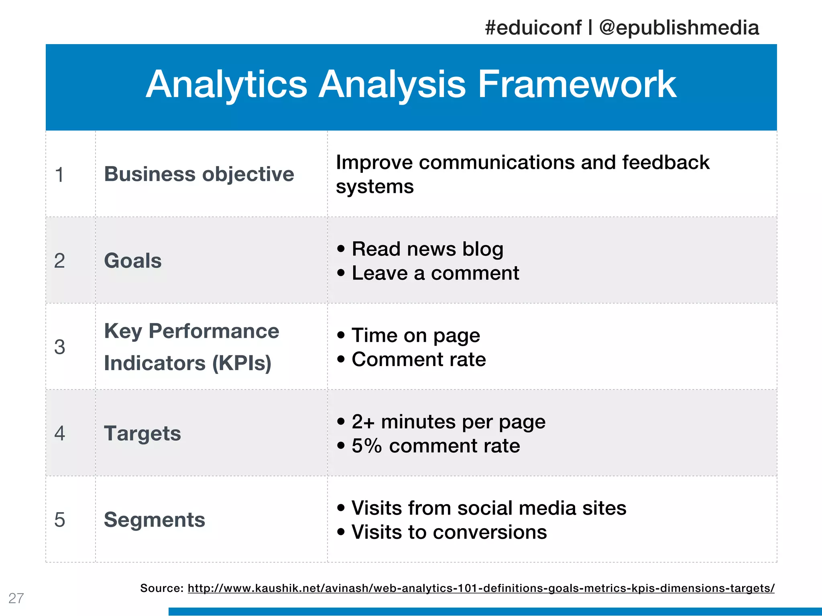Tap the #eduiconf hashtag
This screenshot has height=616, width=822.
pyautogui.click(x=533, y=28)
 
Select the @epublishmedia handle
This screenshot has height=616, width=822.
pyautogui.click(x=679, y=28)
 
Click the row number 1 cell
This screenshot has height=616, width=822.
pyautogui.click(x=59, y=174)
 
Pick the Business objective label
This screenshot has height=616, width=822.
pyautogui.click(x=199, y=174)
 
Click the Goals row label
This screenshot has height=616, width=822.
pyautogui.click(x=133, y=261)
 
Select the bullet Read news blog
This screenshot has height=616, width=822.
pyautogui.click(x=427, y=249)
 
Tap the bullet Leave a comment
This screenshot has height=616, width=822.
pyautogui.click(x=435, y=273)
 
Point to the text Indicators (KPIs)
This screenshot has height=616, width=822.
pyautogui.click(x=188, y=363)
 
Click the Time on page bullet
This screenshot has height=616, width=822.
pyautogui.click(x=415, y=335)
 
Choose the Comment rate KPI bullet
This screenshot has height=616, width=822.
pyautogui.click(x=419, y=359)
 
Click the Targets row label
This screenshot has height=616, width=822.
pyautogui.click(x=142, y=434)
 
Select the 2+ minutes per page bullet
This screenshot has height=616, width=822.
pyautogui.click(x=448, y=422)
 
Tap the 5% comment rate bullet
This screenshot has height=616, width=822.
pyautogui.click(x=435, y=446)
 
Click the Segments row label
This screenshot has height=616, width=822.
pyautogui.click(x=155, y=520)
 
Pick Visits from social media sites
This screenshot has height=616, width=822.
pyautogui.click(x=488, y=508)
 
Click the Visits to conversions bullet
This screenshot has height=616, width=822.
pyautogui.click(x=449, y=532)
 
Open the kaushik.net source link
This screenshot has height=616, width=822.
pyautogui.click(x=481, y=588)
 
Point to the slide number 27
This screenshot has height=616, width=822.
pyautogui.click(x=16, y=598)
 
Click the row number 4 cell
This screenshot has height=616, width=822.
pyautogui.click(x=59, y=434)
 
